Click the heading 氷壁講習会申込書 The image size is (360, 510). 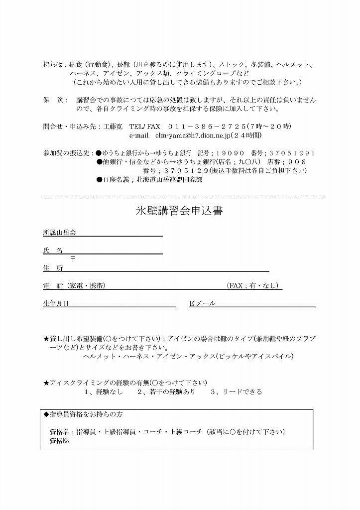179,211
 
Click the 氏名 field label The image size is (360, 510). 53,250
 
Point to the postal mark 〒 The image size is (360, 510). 73,259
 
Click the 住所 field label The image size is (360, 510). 53,268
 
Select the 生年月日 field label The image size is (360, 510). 56,303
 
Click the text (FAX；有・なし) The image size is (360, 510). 253,286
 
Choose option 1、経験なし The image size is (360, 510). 104,392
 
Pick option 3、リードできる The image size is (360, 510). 236,392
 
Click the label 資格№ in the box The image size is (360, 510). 59,441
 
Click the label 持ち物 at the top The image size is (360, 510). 53,65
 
